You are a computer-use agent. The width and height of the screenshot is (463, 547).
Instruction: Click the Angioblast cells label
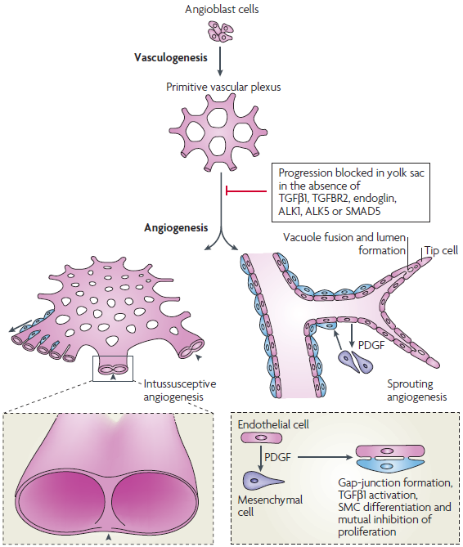(x=222, y=9)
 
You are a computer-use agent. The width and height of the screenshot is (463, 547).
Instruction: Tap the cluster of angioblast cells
(x=221, y=32)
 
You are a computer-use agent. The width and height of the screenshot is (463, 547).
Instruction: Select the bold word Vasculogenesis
(x=171, y=57)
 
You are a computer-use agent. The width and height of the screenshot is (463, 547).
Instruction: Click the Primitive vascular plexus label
(x=223, y=87)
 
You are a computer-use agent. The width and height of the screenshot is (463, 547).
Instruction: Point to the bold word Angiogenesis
(x=176, y=228)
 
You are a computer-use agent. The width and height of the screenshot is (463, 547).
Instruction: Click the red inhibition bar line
(x=246, y=191)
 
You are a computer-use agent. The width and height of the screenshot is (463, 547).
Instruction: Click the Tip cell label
(x=441, y=250)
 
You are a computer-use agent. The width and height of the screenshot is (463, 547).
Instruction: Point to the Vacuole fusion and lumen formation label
(x=344, y=244)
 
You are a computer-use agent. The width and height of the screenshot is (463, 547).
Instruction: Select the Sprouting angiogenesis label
(x=417, y=390)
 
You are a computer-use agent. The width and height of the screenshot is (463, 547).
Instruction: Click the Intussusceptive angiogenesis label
(x=180, y=390)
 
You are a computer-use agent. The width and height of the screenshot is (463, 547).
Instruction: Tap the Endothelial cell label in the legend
(x=273, y=424)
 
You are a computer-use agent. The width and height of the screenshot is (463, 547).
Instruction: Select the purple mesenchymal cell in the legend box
(x=263, y=481)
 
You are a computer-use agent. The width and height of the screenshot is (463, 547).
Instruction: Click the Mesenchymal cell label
(x=270, y=506)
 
